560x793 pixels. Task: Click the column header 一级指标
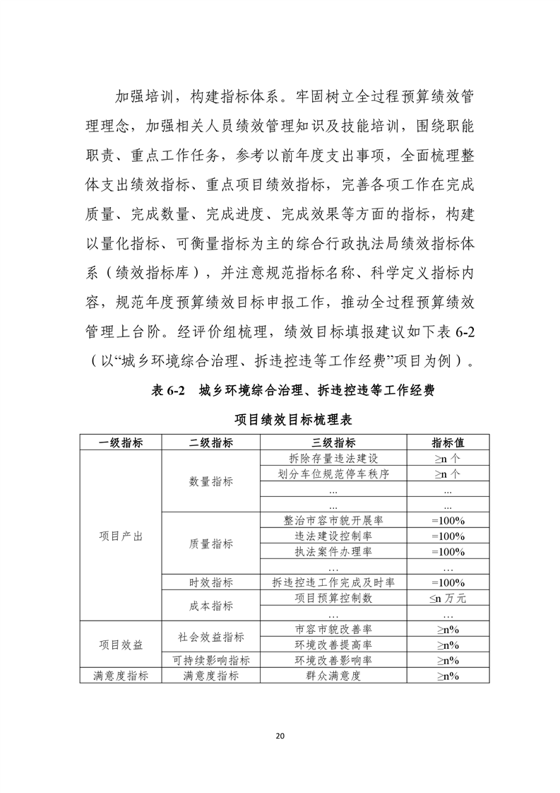pos(121,442)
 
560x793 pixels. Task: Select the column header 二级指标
pos(211,442)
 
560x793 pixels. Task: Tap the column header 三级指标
pos(333,442)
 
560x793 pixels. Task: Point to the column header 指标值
pos(447,442)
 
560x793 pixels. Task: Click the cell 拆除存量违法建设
pos(333,458)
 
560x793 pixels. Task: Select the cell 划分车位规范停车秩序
pos(333,474)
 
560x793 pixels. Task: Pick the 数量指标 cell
pos(211,481)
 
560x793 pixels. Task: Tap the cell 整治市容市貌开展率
pos(333,520)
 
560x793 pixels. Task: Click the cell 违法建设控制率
pos(333,536)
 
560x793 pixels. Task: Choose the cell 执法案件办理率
pos(333,551)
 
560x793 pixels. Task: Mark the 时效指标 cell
pos(211,582)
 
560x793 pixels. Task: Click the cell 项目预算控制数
pos(333,598)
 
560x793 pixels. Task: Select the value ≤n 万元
pos(447,598)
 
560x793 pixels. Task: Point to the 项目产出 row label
pos(121,536)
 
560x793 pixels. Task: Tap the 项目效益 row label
pos(121,645)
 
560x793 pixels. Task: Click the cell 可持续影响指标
pos(211,660)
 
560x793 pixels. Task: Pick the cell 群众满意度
pos(333,676)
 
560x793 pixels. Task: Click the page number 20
pos(280,736)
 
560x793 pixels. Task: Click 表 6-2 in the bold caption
pos(168,391)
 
